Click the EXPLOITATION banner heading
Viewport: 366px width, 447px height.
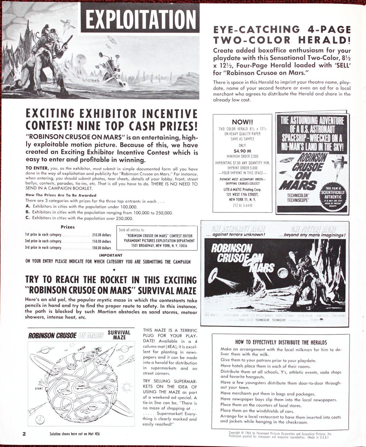[x=140, y=19]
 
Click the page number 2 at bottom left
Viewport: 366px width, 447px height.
[x=24, y=434]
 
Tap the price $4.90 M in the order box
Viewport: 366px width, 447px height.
[x=242, y=151]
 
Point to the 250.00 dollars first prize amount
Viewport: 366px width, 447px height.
[x=101, y=235]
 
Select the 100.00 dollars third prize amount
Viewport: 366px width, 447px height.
[x=101, y=248]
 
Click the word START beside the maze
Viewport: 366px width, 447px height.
[x=39, y=388]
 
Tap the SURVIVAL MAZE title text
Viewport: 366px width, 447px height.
[x=119, y=335]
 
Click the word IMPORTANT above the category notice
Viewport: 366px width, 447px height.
[x=111, y=255]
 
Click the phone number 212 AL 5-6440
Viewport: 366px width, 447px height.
[x=242, y=205]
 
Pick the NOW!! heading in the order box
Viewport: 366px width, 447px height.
[x=242, y=122]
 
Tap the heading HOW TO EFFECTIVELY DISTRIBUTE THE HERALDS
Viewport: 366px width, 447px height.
[x=281, y=342]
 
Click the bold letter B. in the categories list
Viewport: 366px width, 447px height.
[x=28, y=212]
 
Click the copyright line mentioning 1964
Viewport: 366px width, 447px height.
[x=280, y=434]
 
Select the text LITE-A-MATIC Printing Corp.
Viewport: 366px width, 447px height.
[x=242, y=190]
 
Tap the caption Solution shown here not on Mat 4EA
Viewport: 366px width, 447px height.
[x=75, y=434]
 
